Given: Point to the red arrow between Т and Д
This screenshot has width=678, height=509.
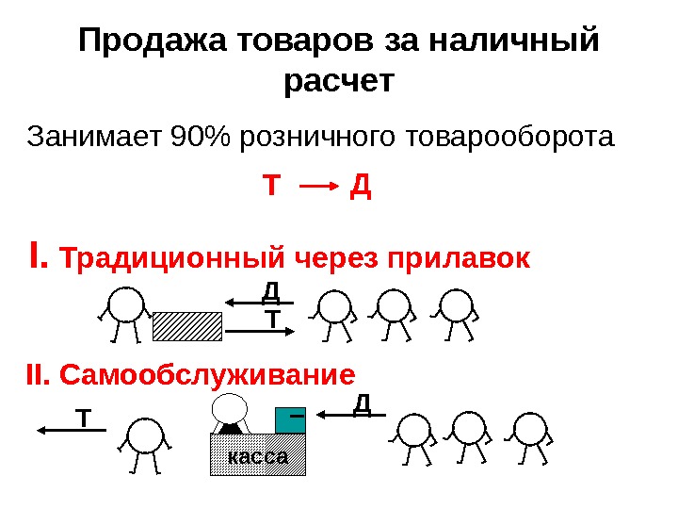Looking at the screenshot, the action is (x=317, y=187).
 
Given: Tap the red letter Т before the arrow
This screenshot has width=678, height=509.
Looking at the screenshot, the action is (x=271, y=187).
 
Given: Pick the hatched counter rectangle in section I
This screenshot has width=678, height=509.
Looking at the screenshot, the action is (x=186, y=325).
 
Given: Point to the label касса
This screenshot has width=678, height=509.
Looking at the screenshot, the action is (x=258, y=455).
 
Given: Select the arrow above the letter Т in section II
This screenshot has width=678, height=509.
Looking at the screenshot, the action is (x=72, y=430).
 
